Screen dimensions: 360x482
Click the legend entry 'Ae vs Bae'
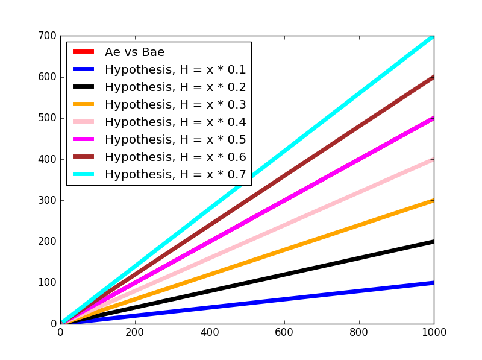coord(134,52)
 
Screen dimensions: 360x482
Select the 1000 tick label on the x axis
coord(434,333)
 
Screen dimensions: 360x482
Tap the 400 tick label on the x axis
coord(210,333)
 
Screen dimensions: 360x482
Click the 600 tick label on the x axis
coord(284,333)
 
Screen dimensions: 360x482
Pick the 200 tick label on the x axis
coord(135,333)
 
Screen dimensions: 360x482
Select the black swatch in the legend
coord(84,87)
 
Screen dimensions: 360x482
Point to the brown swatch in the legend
coord(84,157)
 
